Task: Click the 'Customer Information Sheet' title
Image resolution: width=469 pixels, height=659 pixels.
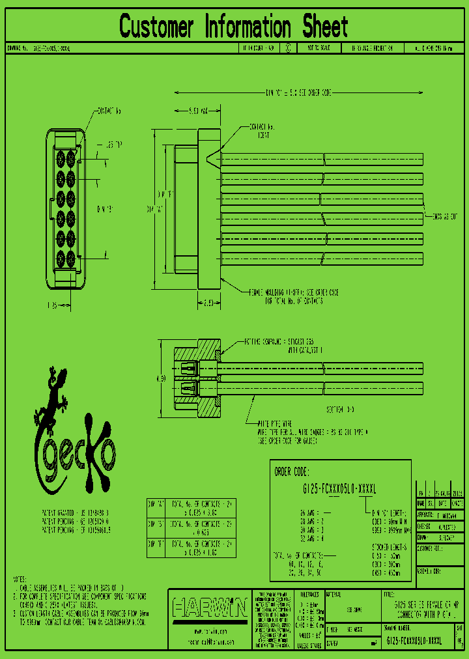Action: point(234,27)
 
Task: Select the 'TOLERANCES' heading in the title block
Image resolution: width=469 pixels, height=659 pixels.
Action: point(306,595)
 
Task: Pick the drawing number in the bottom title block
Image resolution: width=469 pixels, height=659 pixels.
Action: point(414,641)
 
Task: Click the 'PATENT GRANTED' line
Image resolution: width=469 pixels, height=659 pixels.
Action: point(76,514)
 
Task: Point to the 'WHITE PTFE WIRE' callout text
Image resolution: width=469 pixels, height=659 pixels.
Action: point(274,423)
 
